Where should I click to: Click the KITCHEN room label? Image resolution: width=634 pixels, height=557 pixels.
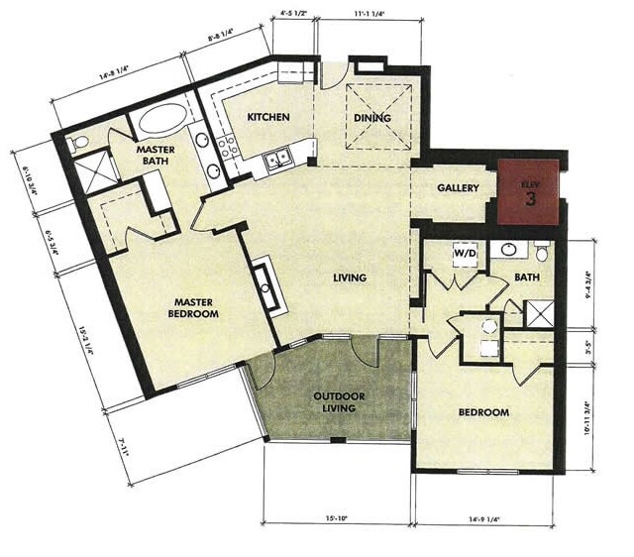[x=268, y=118]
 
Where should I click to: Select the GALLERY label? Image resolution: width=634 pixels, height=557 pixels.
[x=459, y=188]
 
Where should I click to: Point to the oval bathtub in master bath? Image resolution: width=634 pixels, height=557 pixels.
[x=161, y=120]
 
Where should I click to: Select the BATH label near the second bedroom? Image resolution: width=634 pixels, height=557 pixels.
[x=527, y=278]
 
